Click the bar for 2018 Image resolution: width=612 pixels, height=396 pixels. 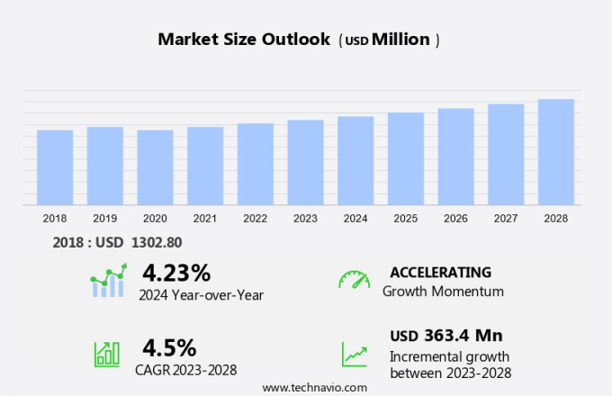pos(55,167)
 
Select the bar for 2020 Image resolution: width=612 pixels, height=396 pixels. pos(155,167)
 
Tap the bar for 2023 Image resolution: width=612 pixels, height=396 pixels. pos(305,162)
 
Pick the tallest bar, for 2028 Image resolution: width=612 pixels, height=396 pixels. pos(556,152)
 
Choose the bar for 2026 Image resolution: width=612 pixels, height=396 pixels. pos(455,157)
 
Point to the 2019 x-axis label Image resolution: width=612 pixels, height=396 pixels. pos(105,219)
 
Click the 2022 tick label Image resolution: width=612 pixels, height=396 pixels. pos(255,219)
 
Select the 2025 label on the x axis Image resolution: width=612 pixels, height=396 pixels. pos(405,219)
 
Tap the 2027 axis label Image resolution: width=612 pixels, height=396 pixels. pos(506,219)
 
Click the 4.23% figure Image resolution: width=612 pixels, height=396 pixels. pos(176,272)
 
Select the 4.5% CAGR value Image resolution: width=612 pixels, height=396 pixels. pos(169,347)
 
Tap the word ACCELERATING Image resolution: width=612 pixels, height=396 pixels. pos(441,272)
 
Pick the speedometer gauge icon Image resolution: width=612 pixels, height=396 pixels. pos(354,279)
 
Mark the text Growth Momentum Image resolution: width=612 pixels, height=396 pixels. pos(443,292)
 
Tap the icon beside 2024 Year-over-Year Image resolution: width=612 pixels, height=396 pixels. pos(109,281)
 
